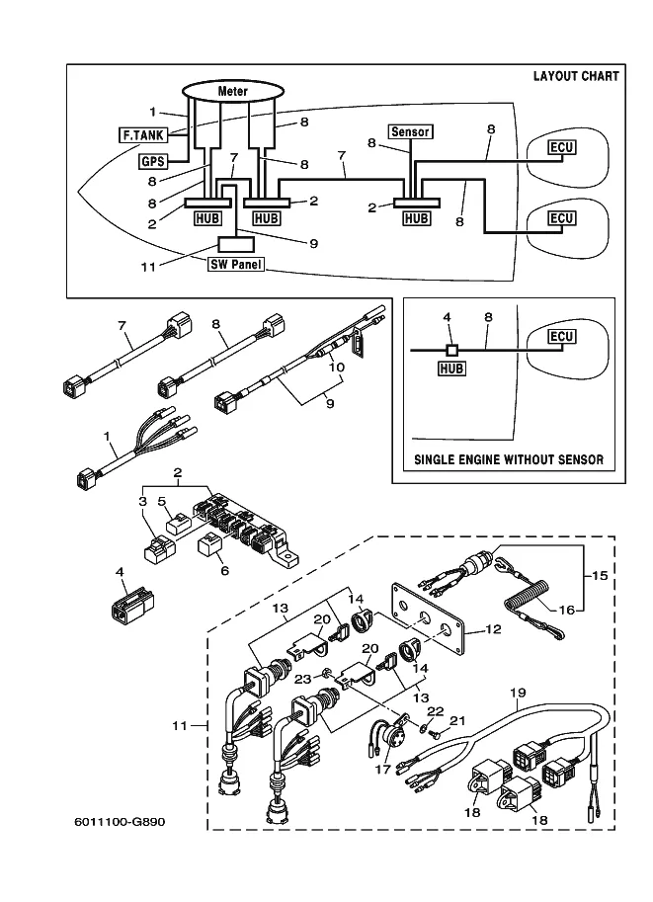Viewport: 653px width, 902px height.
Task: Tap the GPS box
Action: (151, 160)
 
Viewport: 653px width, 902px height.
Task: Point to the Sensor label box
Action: (411, 131)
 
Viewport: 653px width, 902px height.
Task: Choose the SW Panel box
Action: (236, 265)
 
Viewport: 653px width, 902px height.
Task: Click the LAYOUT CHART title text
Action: (576, 76)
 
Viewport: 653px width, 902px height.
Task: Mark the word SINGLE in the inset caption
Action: (440, 459)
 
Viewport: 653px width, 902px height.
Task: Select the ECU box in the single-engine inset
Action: (561, 337)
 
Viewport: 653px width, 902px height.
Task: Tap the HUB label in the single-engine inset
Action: (451, 368)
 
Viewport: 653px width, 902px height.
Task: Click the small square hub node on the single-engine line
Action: (451, 350)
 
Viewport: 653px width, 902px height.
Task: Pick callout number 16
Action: (566, 610)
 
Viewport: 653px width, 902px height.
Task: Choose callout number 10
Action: (337, 367)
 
